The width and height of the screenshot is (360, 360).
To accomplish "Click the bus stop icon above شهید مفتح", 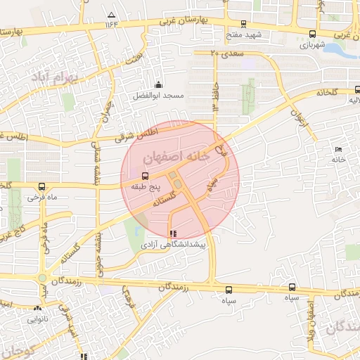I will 243,24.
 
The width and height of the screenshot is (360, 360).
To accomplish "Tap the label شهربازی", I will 313,44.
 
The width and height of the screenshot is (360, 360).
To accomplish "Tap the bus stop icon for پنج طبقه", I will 146,176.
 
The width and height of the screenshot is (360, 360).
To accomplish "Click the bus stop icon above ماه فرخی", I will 43,187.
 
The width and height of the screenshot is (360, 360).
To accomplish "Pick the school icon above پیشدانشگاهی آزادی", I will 173,233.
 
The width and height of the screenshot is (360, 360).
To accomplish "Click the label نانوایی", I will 39,319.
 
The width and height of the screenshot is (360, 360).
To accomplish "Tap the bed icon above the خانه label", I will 339,149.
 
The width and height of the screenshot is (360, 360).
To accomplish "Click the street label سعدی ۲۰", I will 224,53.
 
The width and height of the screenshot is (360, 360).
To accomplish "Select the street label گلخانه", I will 328,92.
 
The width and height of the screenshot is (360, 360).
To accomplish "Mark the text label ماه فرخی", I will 42,198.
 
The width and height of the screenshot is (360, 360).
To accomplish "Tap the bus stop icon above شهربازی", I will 312,34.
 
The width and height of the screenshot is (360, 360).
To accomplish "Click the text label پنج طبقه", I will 146,187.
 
